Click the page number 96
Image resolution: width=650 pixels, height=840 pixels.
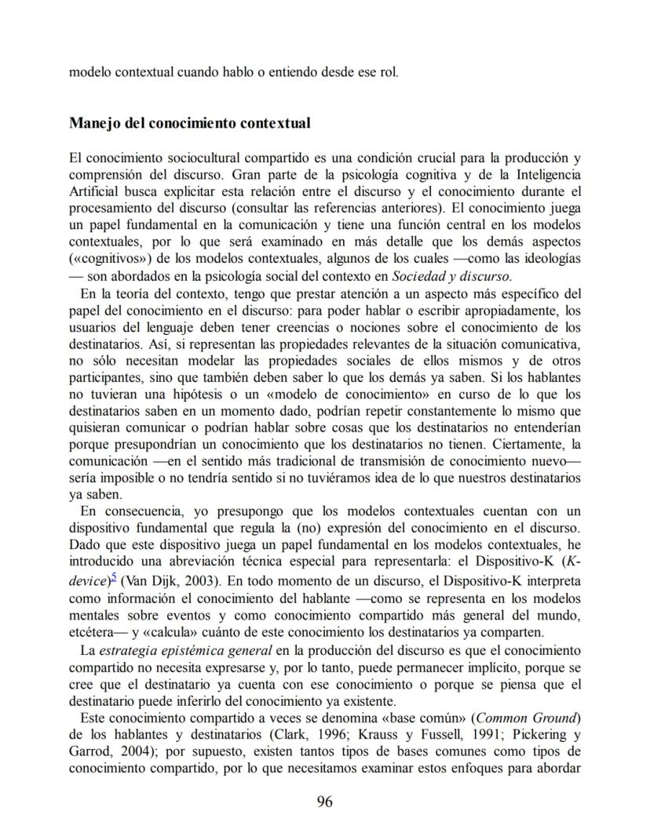point(324,802)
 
